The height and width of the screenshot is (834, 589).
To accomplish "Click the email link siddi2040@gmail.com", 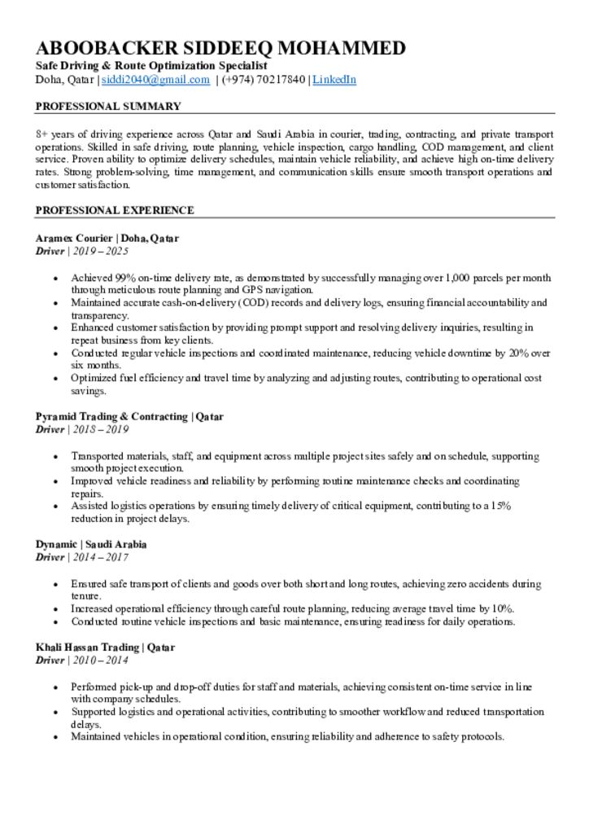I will click(x=155, y=80).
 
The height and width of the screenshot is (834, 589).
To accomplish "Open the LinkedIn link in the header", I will click(x=334, y=80).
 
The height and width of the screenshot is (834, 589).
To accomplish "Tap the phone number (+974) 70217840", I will click(x=263, y=80).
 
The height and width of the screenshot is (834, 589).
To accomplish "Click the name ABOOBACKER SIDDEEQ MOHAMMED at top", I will click(x=220, y=48).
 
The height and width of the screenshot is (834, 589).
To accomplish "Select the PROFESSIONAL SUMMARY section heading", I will click(x=108, y=107).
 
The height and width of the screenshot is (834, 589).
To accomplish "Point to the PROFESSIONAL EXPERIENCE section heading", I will click(x=115, y=210).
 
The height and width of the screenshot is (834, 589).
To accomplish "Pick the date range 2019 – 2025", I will click(x=101, y=252).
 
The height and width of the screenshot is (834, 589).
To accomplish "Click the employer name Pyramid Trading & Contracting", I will click(x=111, y=417).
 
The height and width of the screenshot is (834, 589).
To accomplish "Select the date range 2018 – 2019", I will click(x=101, y=429).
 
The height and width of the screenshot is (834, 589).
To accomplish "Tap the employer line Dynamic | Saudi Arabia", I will click(x=91, y=544).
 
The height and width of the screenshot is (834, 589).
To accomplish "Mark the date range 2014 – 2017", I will click(x=101, y=557).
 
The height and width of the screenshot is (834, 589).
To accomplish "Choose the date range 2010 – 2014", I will click(x=101, y=661).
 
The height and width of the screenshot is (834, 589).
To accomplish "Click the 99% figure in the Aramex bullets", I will click(x=125, y=278).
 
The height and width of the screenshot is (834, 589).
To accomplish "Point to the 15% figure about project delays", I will click(x=501, y=506).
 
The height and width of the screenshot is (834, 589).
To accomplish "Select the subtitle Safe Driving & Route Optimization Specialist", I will click(x=151, y=65).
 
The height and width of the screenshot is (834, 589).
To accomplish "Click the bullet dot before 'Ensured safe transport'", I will click(x=55, y=584).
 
